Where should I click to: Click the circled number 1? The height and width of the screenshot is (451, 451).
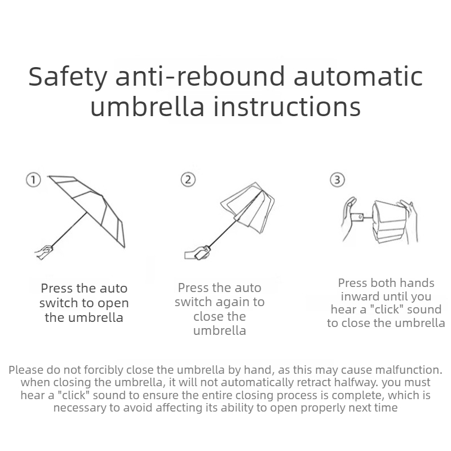click(x=33, y=180)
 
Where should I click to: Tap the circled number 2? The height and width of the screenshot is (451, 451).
click(x=188, y=179)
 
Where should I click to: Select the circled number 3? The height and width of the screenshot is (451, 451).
click(x=337, y=180)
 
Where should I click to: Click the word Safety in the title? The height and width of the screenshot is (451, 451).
click(x=68, y=77)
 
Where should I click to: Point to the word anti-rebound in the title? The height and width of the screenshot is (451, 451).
click(x=200, y=76)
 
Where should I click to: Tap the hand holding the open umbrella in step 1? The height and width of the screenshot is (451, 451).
click(x=44, y=252)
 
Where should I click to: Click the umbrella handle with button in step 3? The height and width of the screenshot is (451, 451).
click(x=359, y=217)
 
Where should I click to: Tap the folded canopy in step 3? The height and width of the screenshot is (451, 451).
click(x=390, y=222)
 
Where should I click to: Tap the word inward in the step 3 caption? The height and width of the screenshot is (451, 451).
click(x=360, y=297)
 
